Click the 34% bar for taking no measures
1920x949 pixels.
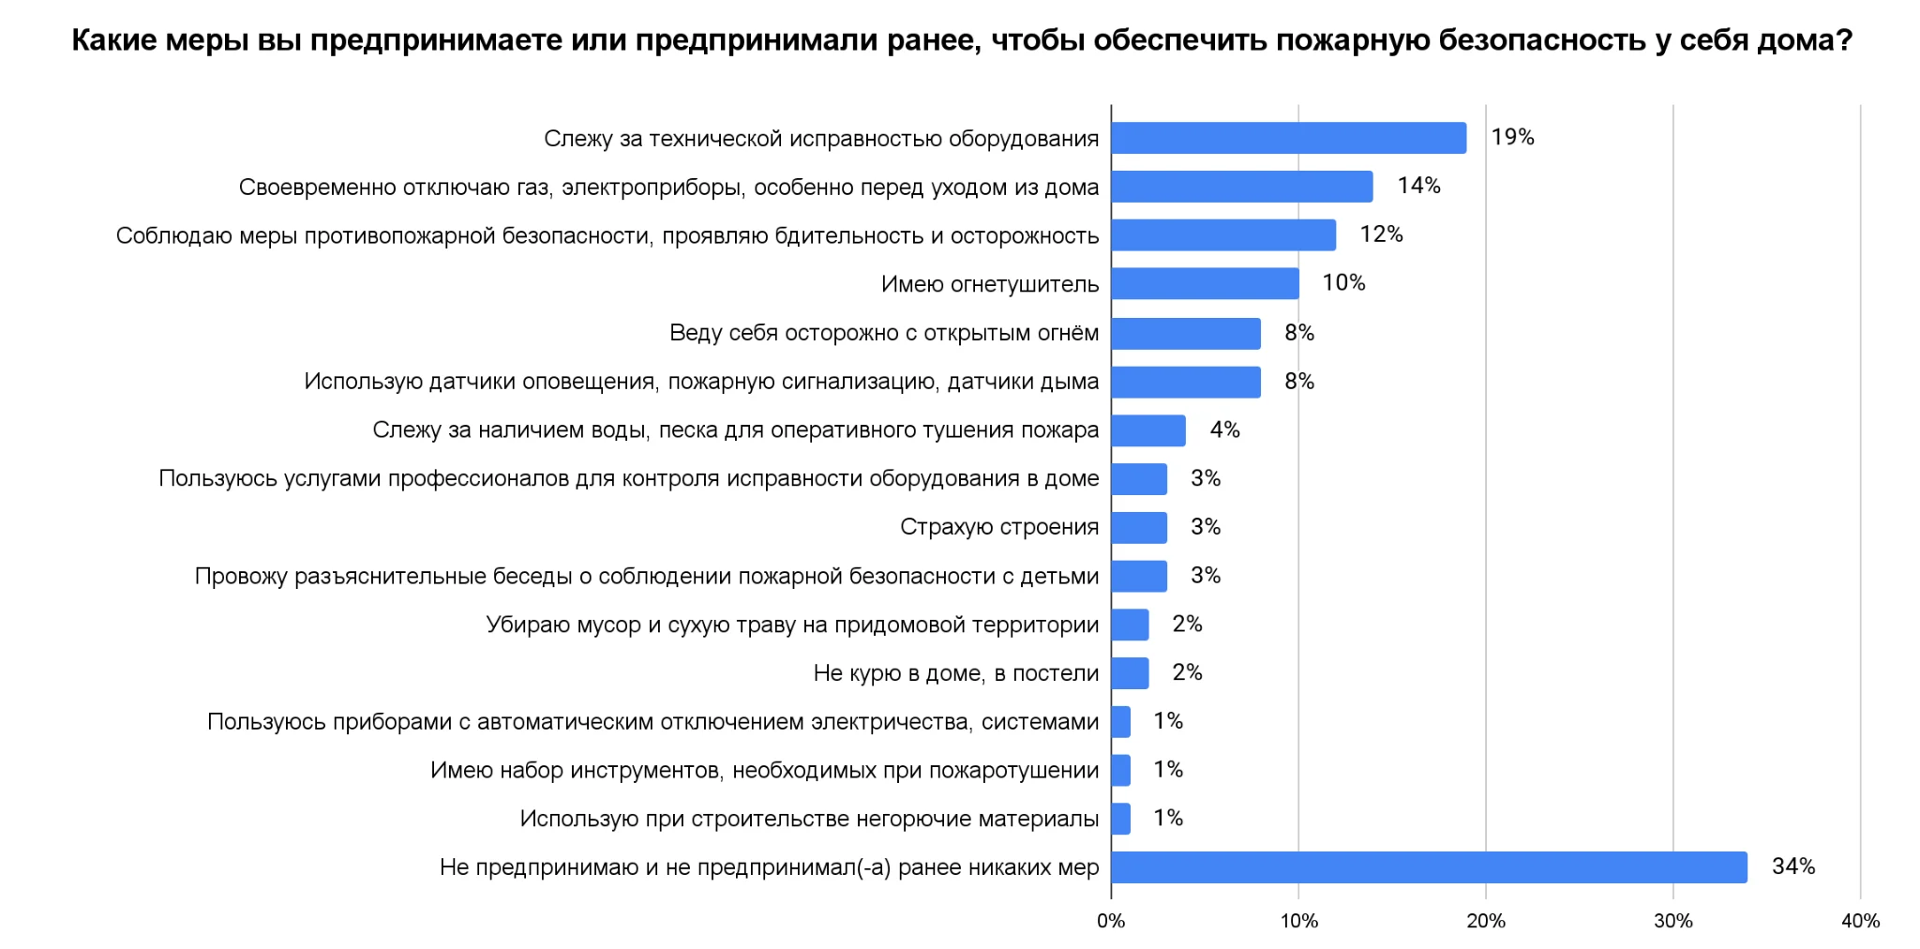pyautogui.click(x=1429, y=867)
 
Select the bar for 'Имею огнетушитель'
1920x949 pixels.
pyautogui.click(x=1205, y=283)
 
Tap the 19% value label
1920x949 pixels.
pyautogui.click(x=1512, y=137)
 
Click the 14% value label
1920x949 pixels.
pyautogui.click(x=1418, y=186)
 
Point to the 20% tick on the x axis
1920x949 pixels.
pyautogui.click(x=1486, y=921)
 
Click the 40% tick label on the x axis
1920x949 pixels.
pyautogui.click(x=1860, y=921)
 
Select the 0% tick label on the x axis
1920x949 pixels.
pyautogui.click(x=1111, y=921)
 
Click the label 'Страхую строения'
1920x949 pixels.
pyautogui.click(x=998, y=527)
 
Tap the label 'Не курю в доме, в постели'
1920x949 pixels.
pyautogui.click(x=955, y=673)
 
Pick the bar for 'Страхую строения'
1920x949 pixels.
pyautogui.click(x=1139, y=527)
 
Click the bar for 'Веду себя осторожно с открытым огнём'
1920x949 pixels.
pyautogui.click(x=1186, y=333)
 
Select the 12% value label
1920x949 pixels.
pyautogui.click(x=1381, y=234)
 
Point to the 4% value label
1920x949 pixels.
pyautogui.click(x=1224, y=429)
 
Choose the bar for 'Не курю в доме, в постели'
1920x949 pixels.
pyautogui.click(x=1130, y=673)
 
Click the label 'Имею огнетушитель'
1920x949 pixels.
pyautogui.click(x=989, y=284)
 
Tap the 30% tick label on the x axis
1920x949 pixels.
pyautogui.click(x=1673, y=921)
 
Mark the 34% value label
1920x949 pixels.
pyautogui.click(x=1792, y=866)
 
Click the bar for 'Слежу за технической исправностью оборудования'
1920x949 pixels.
pyautogui.click(x=1289, y=138)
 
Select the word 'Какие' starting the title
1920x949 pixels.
pyautogui.click(x=112, y=40)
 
